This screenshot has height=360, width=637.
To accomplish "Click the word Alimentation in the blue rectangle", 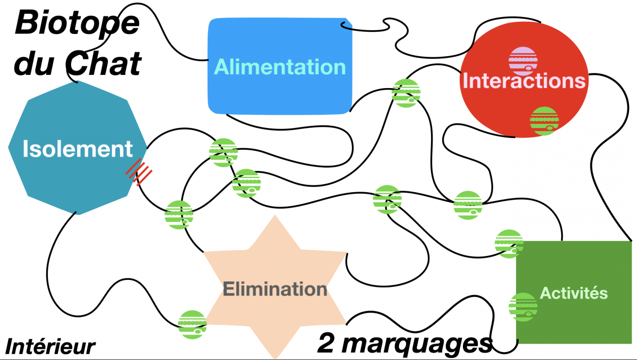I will coord(280,67).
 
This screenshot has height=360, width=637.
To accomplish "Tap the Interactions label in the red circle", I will coord(524,81).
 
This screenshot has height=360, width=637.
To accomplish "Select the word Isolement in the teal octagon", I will coord(78,149).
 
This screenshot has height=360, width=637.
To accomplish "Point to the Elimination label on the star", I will coord(275,290).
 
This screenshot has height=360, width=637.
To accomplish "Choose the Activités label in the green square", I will coord(573,293).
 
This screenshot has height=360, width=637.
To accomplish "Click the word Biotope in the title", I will coord(77,23).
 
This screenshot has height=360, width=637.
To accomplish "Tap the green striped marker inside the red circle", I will coord(544,121).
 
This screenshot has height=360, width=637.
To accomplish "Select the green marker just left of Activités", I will coord(522,307).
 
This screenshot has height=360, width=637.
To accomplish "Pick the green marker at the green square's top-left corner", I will coord(509,244).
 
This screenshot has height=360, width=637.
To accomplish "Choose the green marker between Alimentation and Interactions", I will coord(406,93).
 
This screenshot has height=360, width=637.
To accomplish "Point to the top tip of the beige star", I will coord(275,216).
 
